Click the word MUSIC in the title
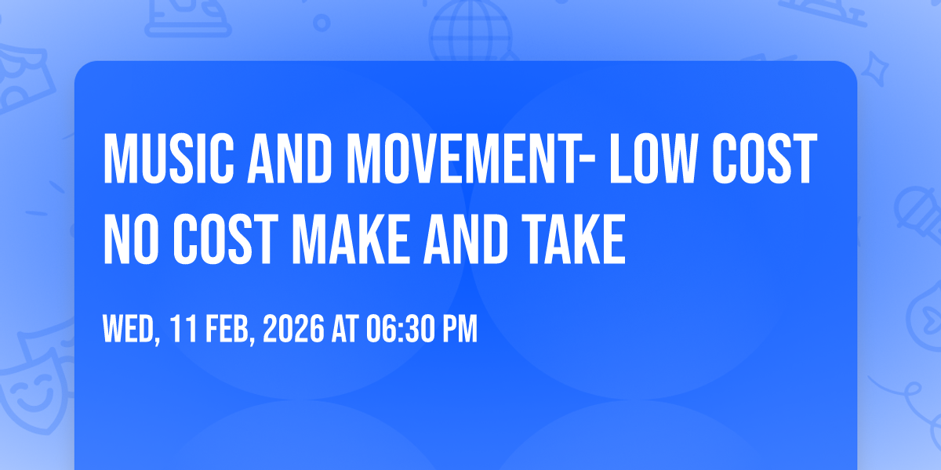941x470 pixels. (x=169, y=158)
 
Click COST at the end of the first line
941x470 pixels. (x=764, y=158)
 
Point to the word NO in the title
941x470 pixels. (x=131, y=239)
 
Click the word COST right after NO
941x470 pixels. (x=226, y=239)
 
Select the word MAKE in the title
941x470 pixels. (x=351, y=239)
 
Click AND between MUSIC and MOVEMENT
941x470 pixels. (x=290, y=158)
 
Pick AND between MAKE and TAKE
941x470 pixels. (x=466, y=239)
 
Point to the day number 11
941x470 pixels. (x=183, y=328)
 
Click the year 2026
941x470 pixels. (x=293, y=328)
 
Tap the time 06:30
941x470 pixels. (x=400, y=328)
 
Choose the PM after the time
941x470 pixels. (x=460, y=328)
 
